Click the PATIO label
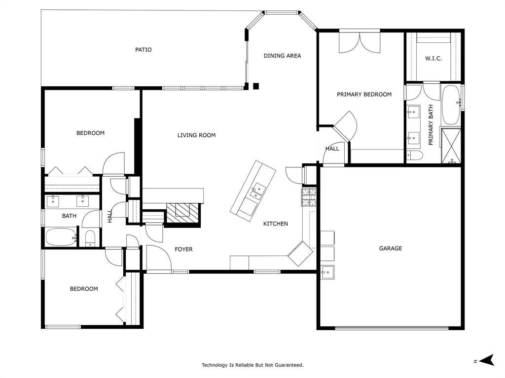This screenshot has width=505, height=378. pyautogui.click(x=144, y=50)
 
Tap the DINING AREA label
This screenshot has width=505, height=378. pyautogui.click(x=282, y=56)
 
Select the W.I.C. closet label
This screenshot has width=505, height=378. pyautogui.click(x=433, y=59)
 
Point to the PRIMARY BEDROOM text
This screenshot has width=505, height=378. pyautogui.click(x=364, y=94)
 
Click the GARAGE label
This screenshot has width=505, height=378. pyautogui.click(x=391, y=248)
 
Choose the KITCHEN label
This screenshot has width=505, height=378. pyautogui.click(x=275, y=224)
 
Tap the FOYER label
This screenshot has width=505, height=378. pyautogui.click(x=183, y=249)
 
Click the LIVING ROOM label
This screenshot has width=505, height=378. pyautogui.click(x=196, y=135)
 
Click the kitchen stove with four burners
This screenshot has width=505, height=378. pyautogui.click(x=309, y=197)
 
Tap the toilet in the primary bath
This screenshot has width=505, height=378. pyautogui.click(x=414, y=156)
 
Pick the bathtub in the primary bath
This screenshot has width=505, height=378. pyautogui.click(x=451, y=105)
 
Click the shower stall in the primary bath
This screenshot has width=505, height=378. pyautogui.click(x=451, y=146)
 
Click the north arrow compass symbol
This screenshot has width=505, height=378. pyautogui.click(x=487, y=360)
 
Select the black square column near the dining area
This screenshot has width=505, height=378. pyautogui.click(x=256, y=86)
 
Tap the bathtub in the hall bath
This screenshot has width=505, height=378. pyautogui.click(x=61, y=237)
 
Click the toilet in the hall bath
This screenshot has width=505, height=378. pyautogui.click(x=91, y=238)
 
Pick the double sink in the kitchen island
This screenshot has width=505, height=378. pyautogui.click(x=258, y=190)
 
